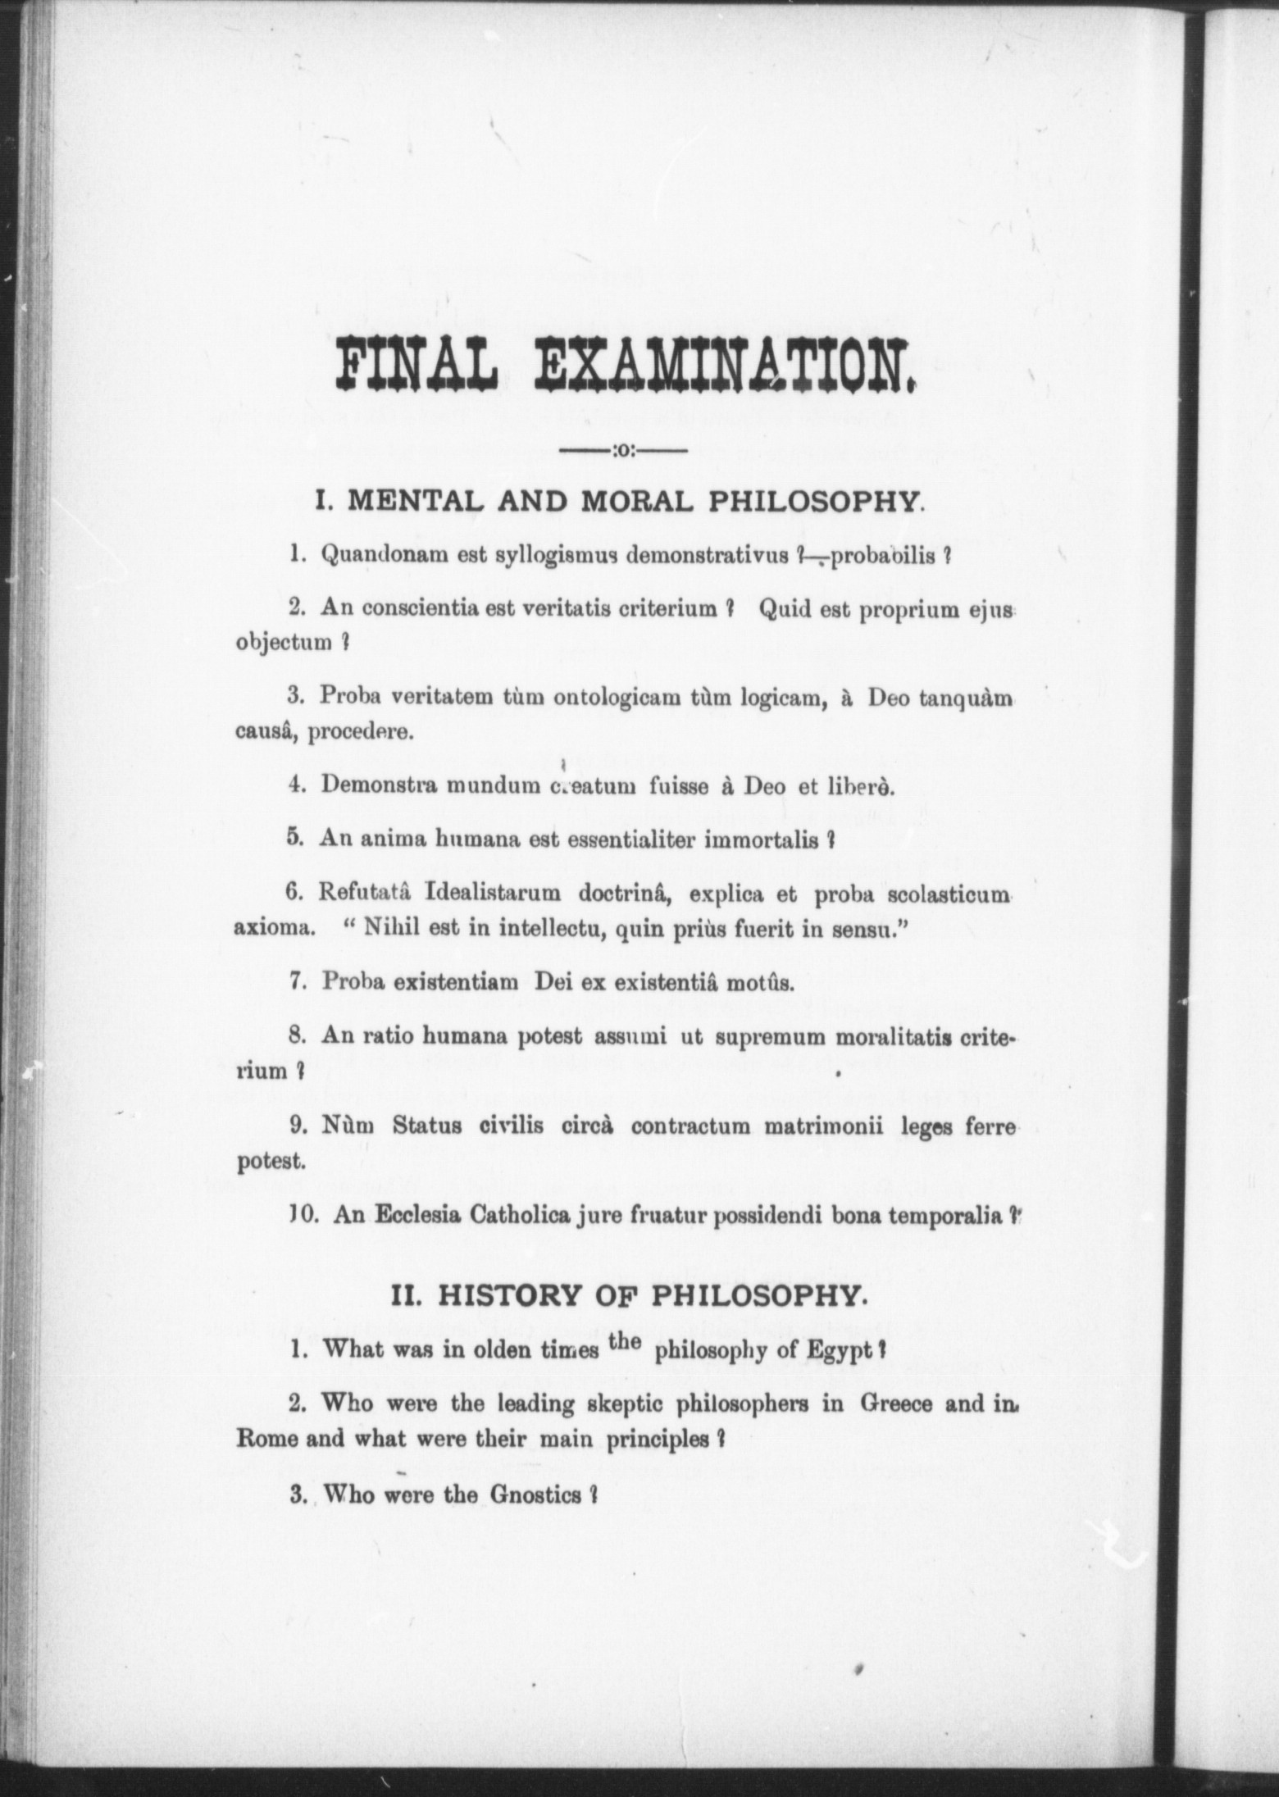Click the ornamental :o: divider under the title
click(622, 450)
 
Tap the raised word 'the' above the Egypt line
click(626, 1340)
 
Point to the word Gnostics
click(534, 1494)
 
